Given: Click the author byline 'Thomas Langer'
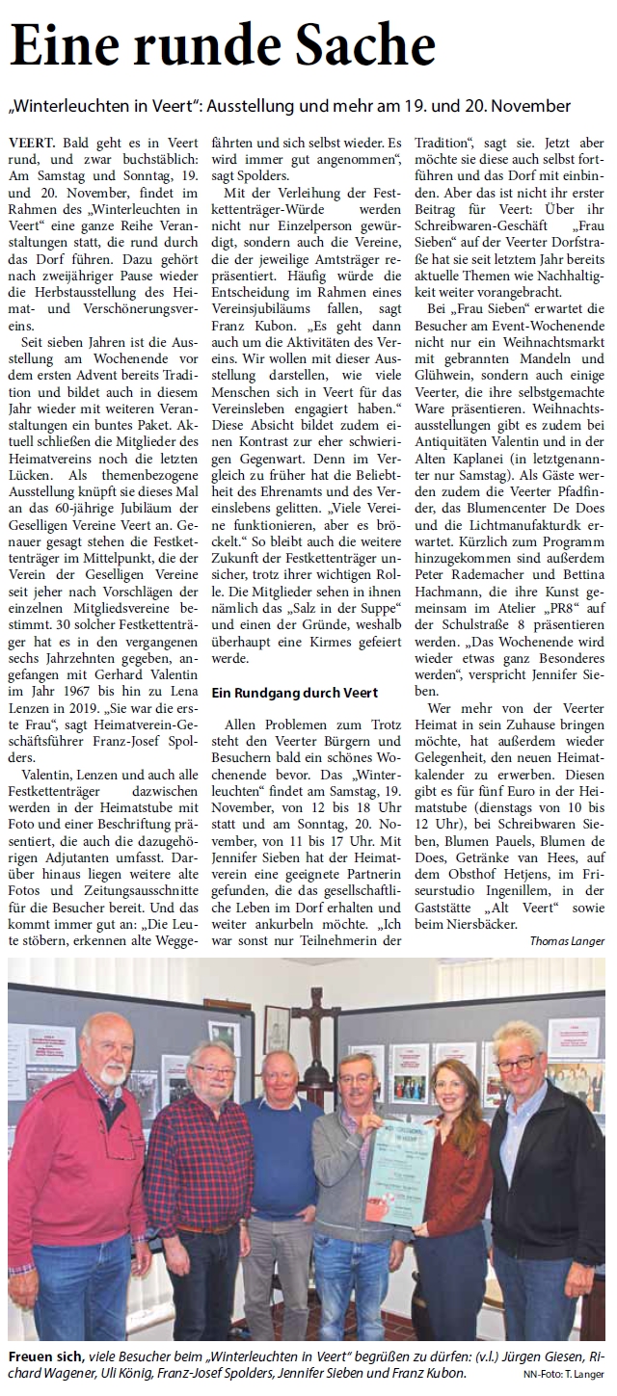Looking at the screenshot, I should [566, 940].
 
